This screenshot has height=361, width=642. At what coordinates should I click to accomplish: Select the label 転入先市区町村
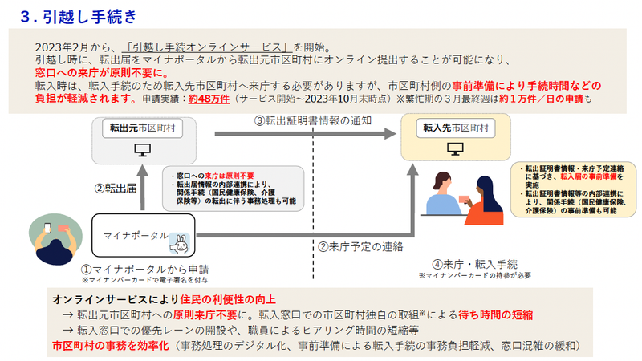[454, 128]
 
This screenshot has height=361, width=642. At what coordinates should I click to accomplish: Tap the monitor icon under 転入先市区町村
[454, 149]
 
